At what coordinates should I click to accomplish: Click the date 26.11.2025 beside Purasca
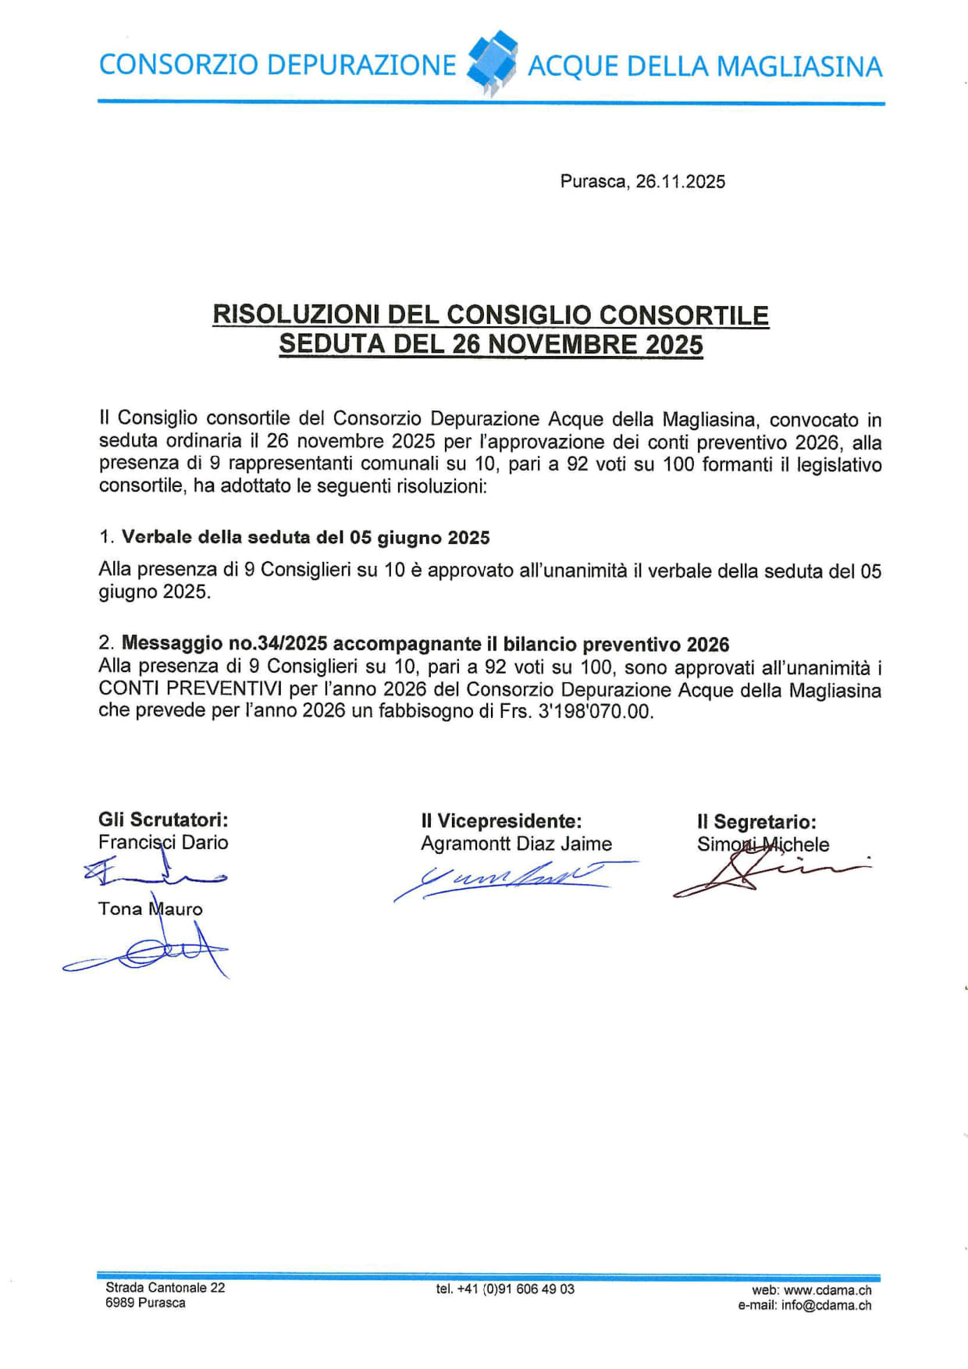680,182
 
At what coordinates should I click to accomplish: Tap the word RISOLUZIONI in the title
296,315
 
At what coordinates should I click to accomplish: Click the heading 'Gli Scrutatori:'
163,820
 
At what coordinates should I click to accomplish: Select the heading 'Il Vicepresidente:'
501,821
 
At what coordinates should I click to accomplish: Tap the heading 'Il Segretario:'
756,822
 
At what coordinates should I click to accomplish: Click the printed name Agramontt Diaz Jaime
516,844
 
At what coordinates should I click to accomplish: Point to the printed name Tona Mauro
150,909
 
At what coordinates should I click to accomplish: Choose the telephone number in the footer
505,1289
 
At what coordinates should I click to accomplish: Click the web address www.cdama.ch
827,1291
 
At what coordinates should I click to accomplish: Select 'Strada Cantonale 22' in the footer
165,1288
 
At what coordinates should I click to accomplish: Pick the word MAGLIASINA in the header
799,67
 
